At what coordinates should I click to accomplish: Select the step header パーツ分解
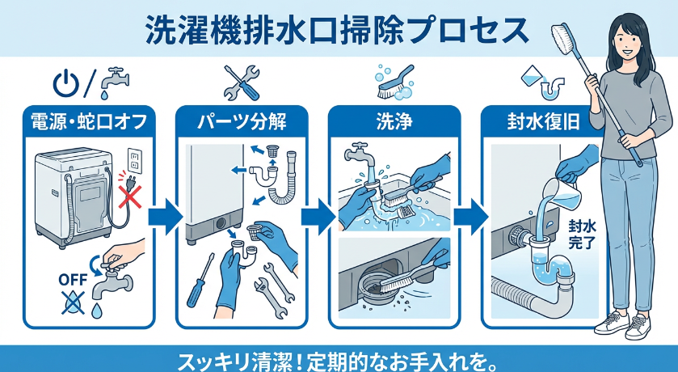pyautogui.click(x=242, y=124)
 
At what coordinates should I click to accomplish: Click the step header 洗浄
pyautogui.click(x=394, y=124)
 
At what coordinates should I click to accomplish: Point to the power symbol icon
pyautogui.click(x=65, y=81)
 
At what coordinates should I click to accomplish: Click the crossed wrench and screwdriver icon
pyautogui.click(x=241, y=81)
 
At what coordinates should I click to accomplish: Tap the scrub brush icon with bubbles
pyautogui.click(x=394, y=79)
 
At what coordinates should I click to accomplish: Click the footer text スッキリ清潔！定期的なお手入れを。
pyautogui.click(x=339, y=357)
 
